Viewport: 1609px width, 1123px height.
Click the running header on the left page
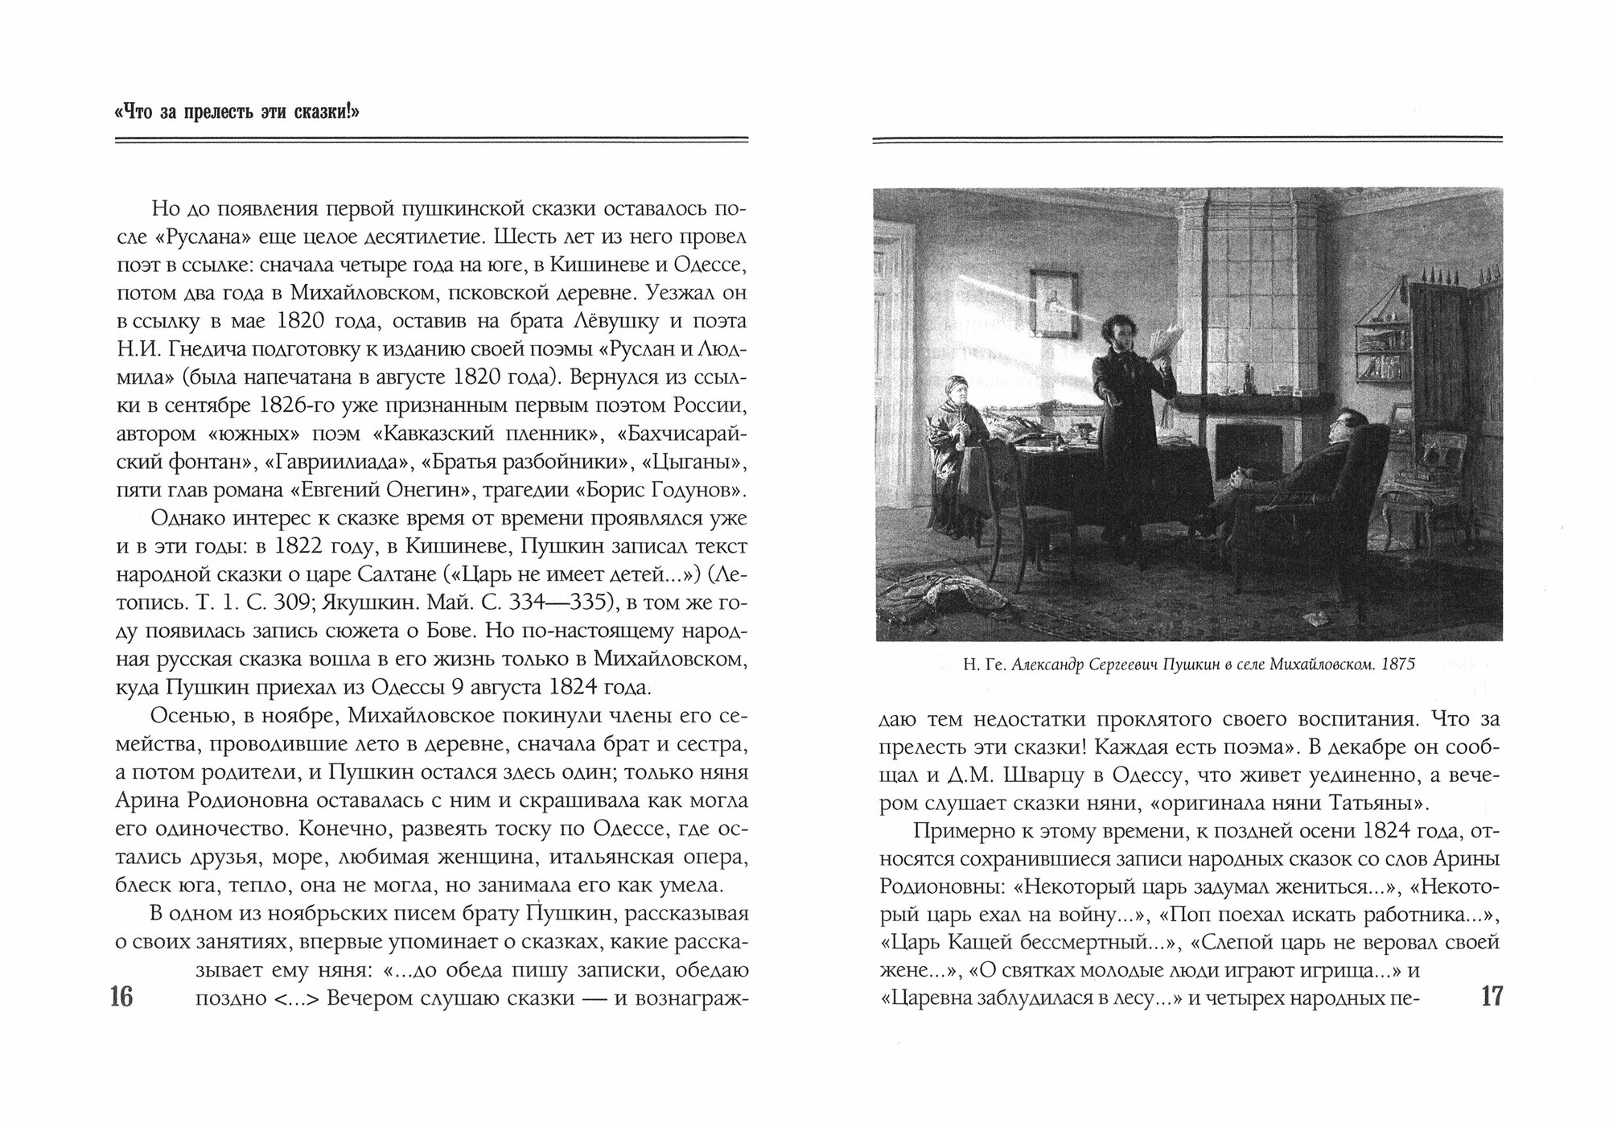pos(237,112)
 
